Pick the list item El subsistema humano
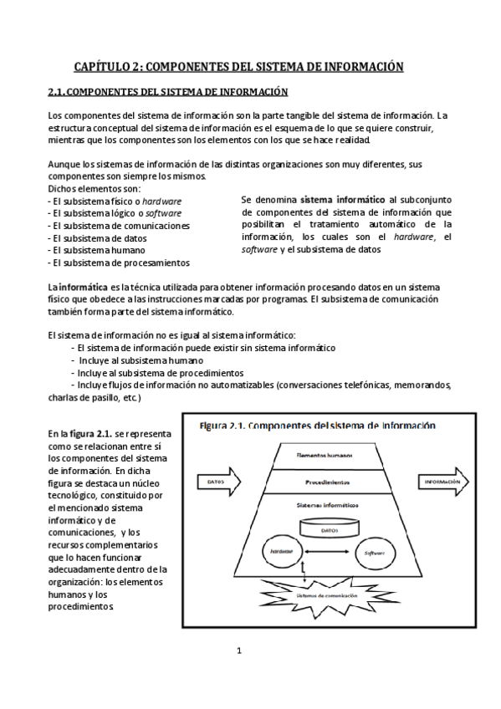[99, 249]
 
